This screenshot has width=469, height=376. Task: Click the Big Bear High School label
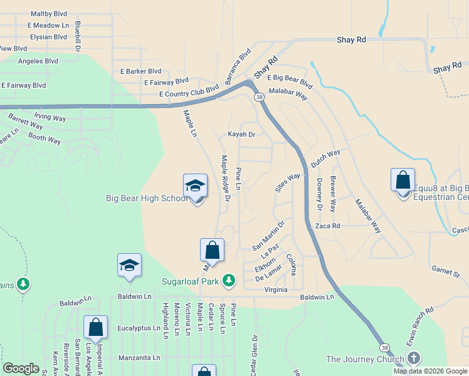pyautogui.click(x=146, y=199)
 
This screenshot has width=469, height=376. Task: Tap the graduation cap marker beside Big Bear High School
pyautogui.click(x=196, y=187)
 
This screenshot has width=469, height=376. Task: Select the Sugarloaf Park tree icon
pyautogui.click(x=229, y=281)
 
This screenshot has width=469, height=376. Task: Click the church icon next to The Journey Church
pyautogui.click(x=413, y=358)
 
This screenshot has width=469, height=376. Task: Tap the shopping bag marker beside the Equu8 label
pyautogui.click(x=403, y=181)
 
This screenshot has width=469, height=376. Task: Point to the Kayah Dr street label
pyautogui.click(x=241, y=135)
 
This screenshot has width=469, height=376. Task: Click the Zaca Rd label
pyautogui.click(x=327, y=226)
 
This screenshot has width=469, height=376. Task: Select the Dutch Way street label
pyautogui.click(x=325, y=157)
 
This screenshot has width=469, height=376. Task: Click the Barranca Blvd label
pyautogui.click(x=238, y=66)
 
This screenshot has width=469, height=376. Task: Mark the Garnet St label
pyautogui.click(x=446, y=271)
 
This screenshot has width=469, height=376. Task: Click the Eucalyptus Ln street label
pyautogui.click(x=135, y=327)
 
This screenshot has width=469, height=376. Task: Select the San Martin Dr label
pyautogui.click(x=268, y=234)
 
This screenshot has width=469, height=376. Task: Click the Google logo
pyautogui.click(x=21, y=369)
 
